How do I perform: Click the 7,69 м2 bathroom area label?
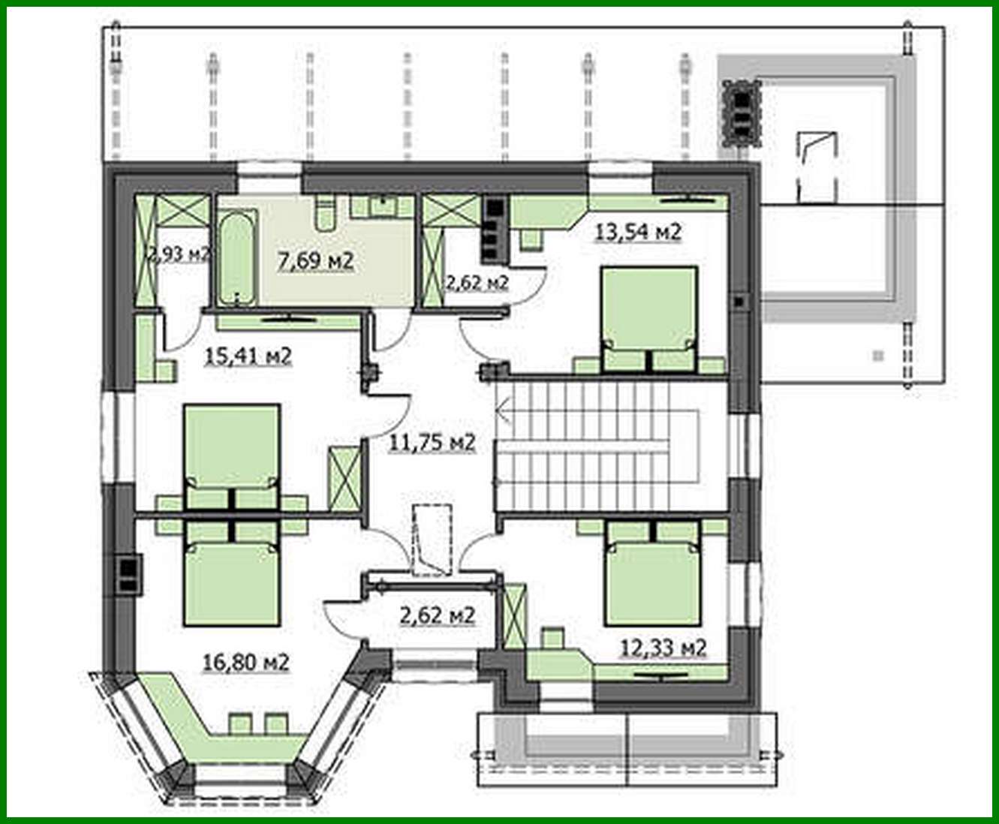point(316,261)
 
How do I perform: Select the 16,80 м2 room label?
point(246,663)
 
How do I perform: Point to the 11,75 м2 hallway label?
point(432,442)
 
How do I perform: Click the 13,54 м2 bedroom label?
point(638,232)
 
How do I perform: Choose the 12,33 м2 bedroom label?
point(663,648)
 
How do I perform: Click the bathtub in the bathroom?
point(237,258)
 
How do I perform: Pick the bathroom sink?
point(383,206)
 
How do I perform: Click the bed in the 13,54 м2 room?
point(648,319)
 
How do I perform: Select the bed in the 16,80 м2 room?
point(232,573)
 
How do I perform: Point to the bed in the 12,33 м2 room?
point(652,573)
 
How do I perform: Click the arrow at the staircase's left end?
point(504,410)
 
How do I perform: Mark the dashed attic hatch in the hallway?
point(432,540)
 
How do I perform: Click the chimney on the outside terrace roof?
point(742,114)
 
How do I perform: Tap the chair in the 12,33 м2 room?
point(552,638)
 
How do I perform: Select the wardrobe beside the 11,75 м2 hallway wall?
point(344,479)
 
